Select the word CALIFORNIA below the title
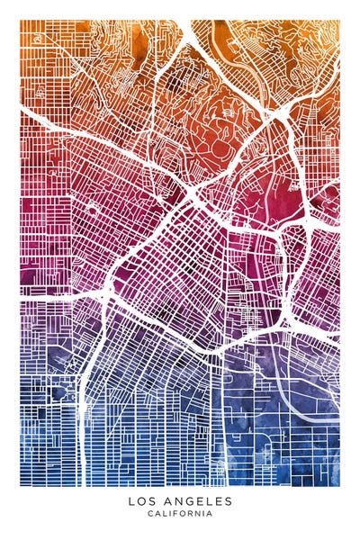(180, 514)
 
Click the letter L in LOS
(131, 501)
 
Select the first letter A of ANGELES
(166, 501)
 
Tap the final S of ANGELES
(229, 501)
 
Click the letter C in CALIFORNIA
(149, 514)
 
